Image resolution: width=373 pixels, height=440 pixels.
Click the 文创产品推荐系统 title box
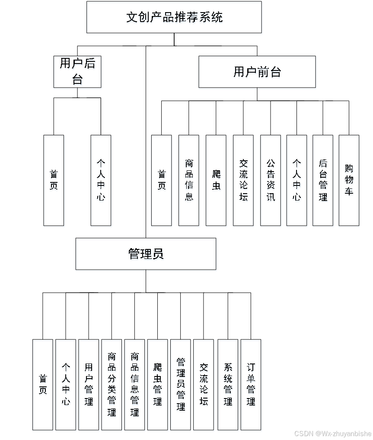pyautogui.click(x=174, y=18)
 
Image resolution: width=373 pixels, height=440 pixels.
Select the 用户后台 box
pyautogui.click(x=78, y=73)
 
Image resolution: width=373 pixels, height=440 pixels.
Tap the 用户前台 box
pyautogui.click(x=257, y=73)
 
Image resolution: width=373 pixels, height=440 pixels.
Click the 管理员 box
pyautogui.click(x=146, y=255)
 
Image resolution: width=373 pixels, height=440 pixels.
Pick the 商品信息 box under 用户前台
pyautogui.click(x=189, y=181)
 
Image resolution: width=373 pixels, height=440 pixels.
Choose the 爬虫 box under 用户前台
pyautogui.click(x=216, y=181)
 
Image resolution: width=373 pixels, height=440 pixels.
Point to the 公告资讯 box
pyautogui.click(x=271, y=181)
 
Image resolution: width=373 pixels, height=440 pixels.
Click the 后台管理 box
pyautogui.click(x=323, y=181)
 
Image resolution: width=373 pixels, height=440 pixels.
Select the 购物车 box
pyautogui.click(x=349, y=181)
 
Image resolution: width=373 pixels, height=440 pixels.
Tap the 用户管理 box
pyautogui.click(x=89, y=385)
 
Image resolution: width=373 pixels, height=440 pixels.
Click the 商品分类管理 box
pyautogui.click(x=112, y=385)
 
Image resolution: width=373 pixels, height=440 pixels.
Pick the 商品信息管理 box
pyautogui.click(x=135, y=385)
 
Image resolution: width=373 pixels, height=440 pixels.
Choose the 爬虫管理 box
pyautogui.click(x=158, y=385)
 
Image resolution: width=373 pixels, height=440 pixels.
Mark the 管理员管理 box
pyautogui.click(x=181, y=385)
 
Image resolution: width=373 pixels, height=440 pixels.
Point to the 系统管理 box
pyautogui.click(x=228, y=385)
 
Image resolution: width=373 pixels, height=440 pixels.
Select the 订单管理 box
pyautogui.click(x=251, y=385)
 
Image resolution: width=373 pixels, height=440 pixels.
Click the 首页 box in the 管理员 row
pyautogui.click(x=43, y=385)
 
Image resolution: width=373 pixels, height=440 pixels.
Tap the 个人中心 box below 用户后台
pyautogui.click(x=102, y=181)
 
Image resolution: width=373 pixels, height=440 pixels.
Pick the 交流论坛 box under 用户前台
pyautogui.click(x=243, y=181)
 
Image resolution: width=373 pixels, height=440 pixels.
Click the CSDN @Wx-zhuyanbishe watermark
pyautogui.click(x=332, y=433)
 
